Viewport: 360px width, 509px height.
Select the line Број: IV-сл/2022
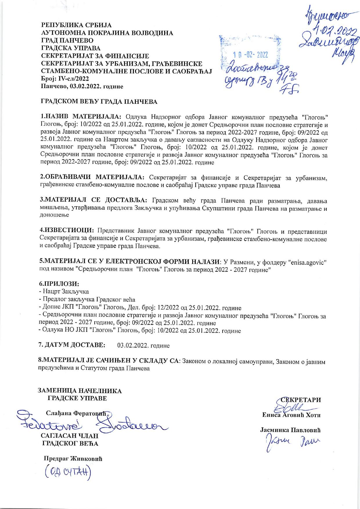[x=65, y=79]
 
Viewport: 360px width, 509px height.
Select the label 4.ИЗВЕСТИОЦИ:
[x=67, y=231]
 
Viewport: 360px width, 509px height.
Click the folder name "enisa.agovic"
[x=307, y=262]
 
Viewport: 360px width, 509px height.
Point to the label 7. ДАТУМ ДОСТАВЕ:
[x=72, y=345]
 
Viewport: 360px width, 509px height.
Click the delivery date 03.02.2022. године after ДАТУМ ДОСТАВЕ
[x=143, y=346]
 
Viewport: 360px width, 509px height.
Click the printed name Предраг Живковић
[x=73, y=459]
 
